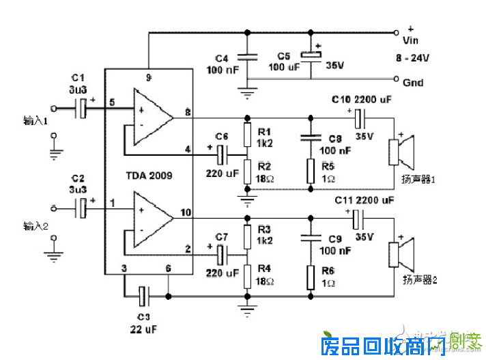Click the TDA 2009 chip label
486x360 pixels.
tap(147, 176)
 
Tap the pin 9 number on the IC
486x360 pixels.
tap(148, 77)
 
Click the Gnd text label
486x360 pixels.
tap(414, 83)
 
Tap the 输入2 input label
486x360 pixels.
tap(35, 225)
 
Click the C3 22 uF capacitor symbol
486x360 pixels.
tap(143, 296)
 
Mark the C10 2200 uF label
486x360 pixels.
tap(362, 100)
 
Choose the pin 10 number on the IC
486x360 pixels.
tap(185, 212)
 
